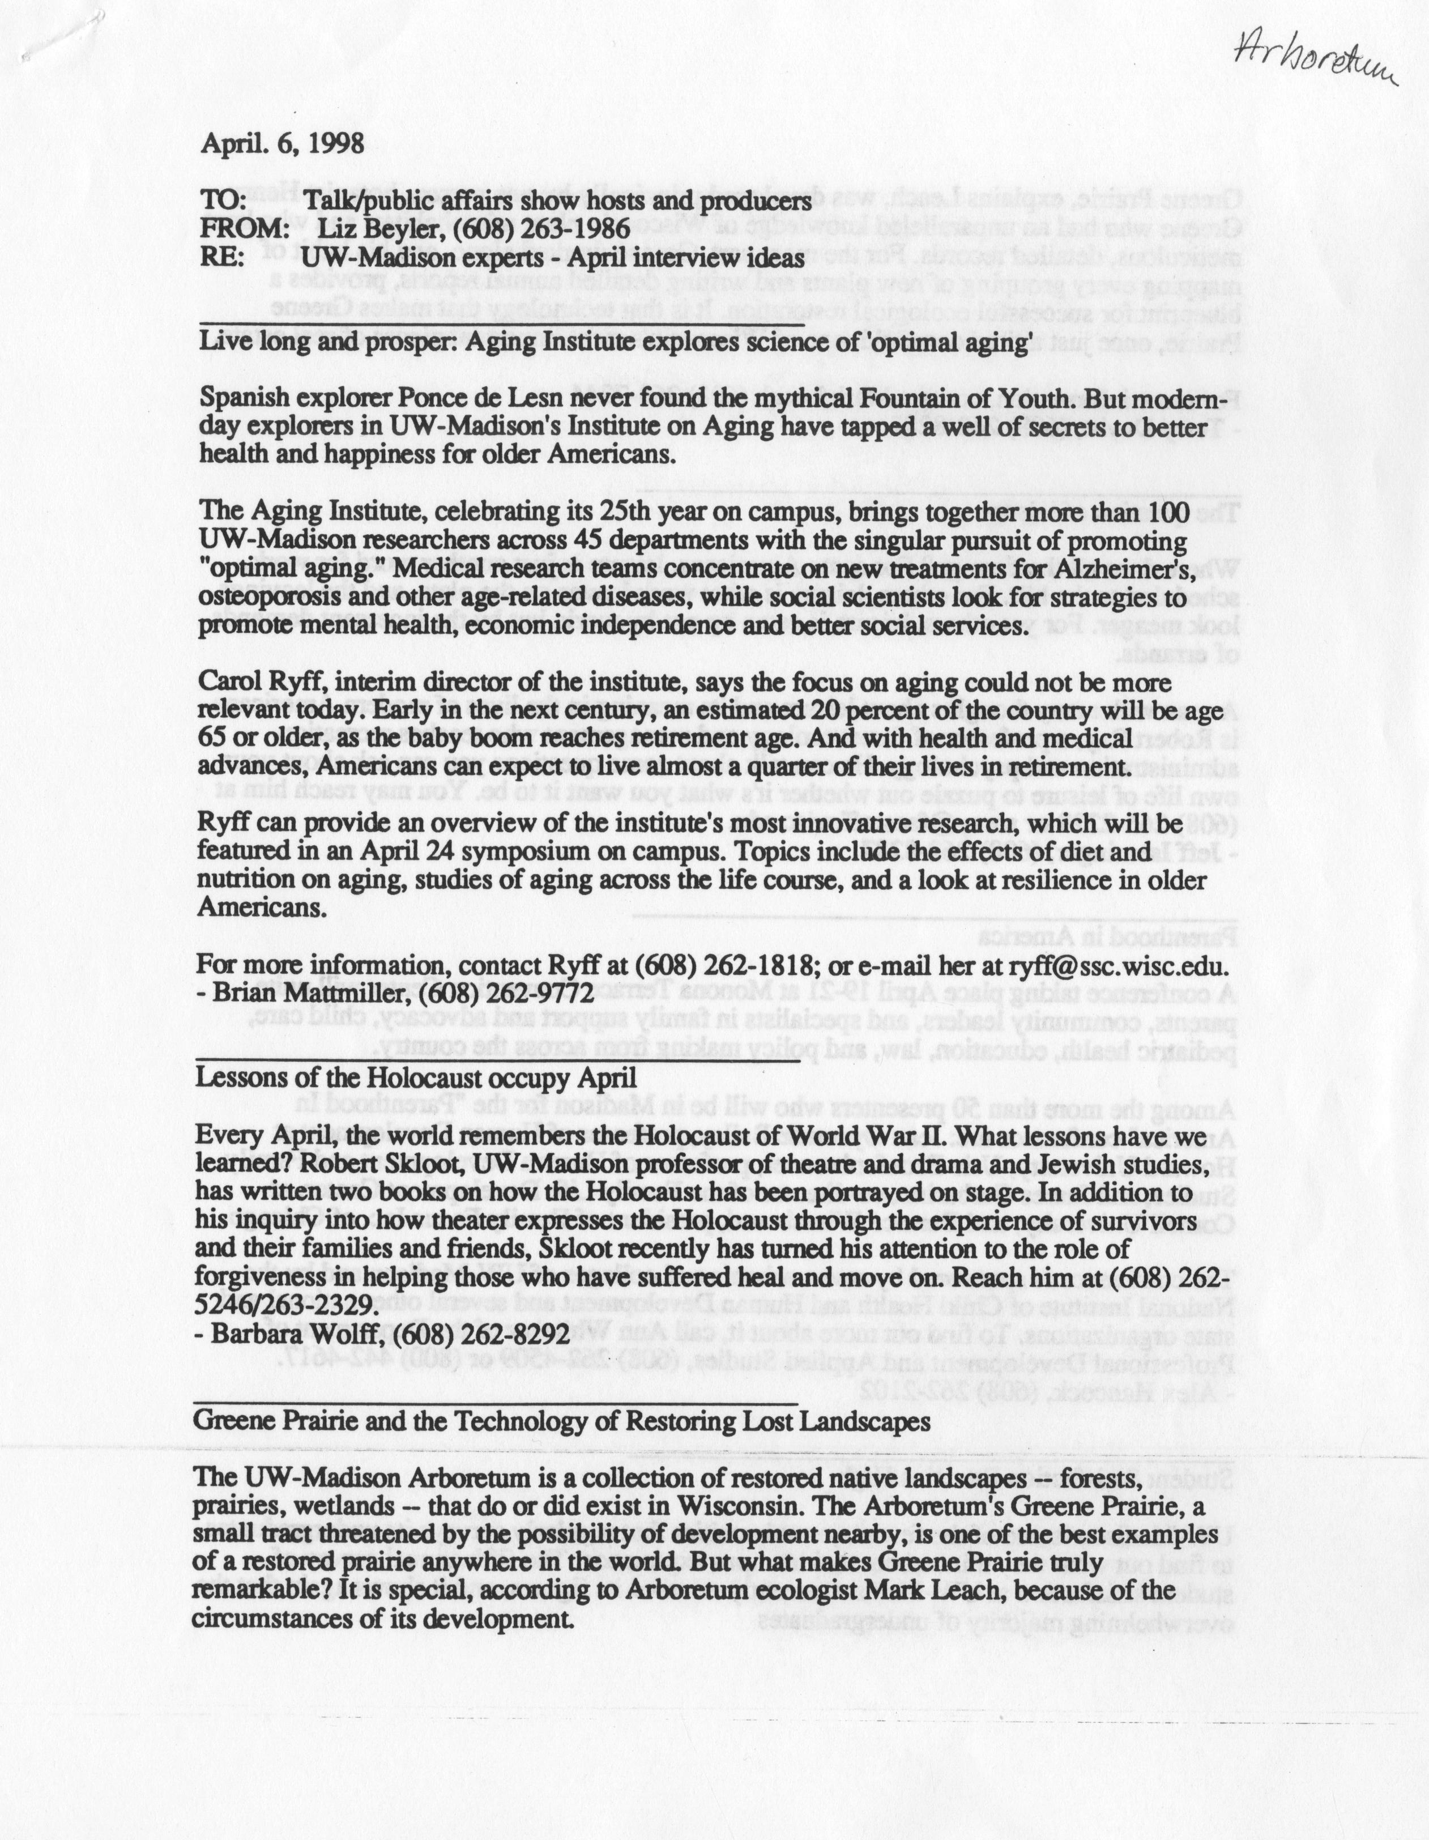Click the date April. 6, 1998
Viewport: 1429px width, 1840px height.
pyautogui.click(x=282, y=143)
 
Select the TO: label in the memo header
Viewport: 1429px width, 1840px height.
pyautogui.click(x=223, y=202)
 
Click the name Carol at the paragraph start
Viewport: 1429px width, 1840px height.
pyautogui.click(x=228, y=683)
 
